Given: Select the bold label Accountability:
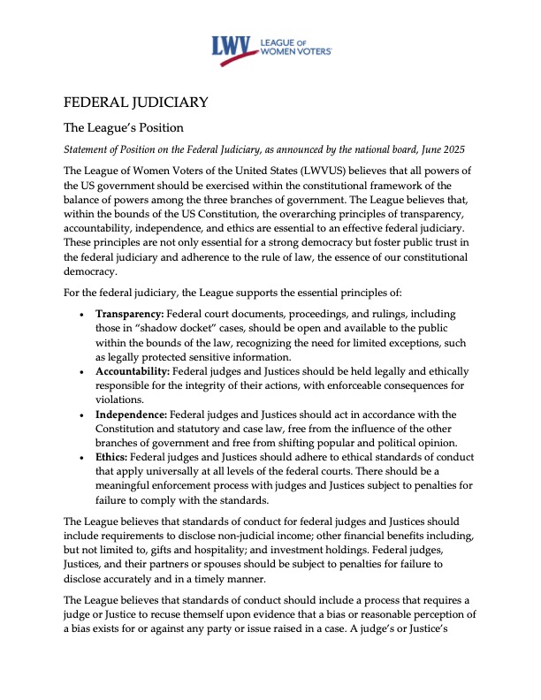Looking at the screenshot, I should [138, 372].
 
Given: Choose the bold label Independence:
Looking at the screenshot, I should [134, 415].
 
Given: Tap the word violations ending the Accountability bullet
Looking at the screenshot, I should [122, 400].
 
